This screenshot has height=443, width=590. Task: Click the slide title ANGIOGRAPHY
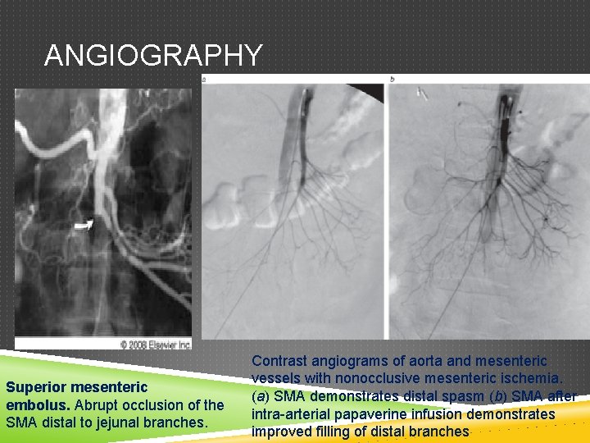click(x=153, y=55)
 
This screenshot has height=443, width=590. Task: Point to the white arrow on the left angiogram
click(x=83, y=222)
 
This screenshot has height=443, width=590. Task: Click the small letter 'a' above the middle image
click(x=204, y=80)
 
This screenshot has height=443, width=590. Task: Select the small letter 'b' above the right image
click(x=393, y=80)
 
